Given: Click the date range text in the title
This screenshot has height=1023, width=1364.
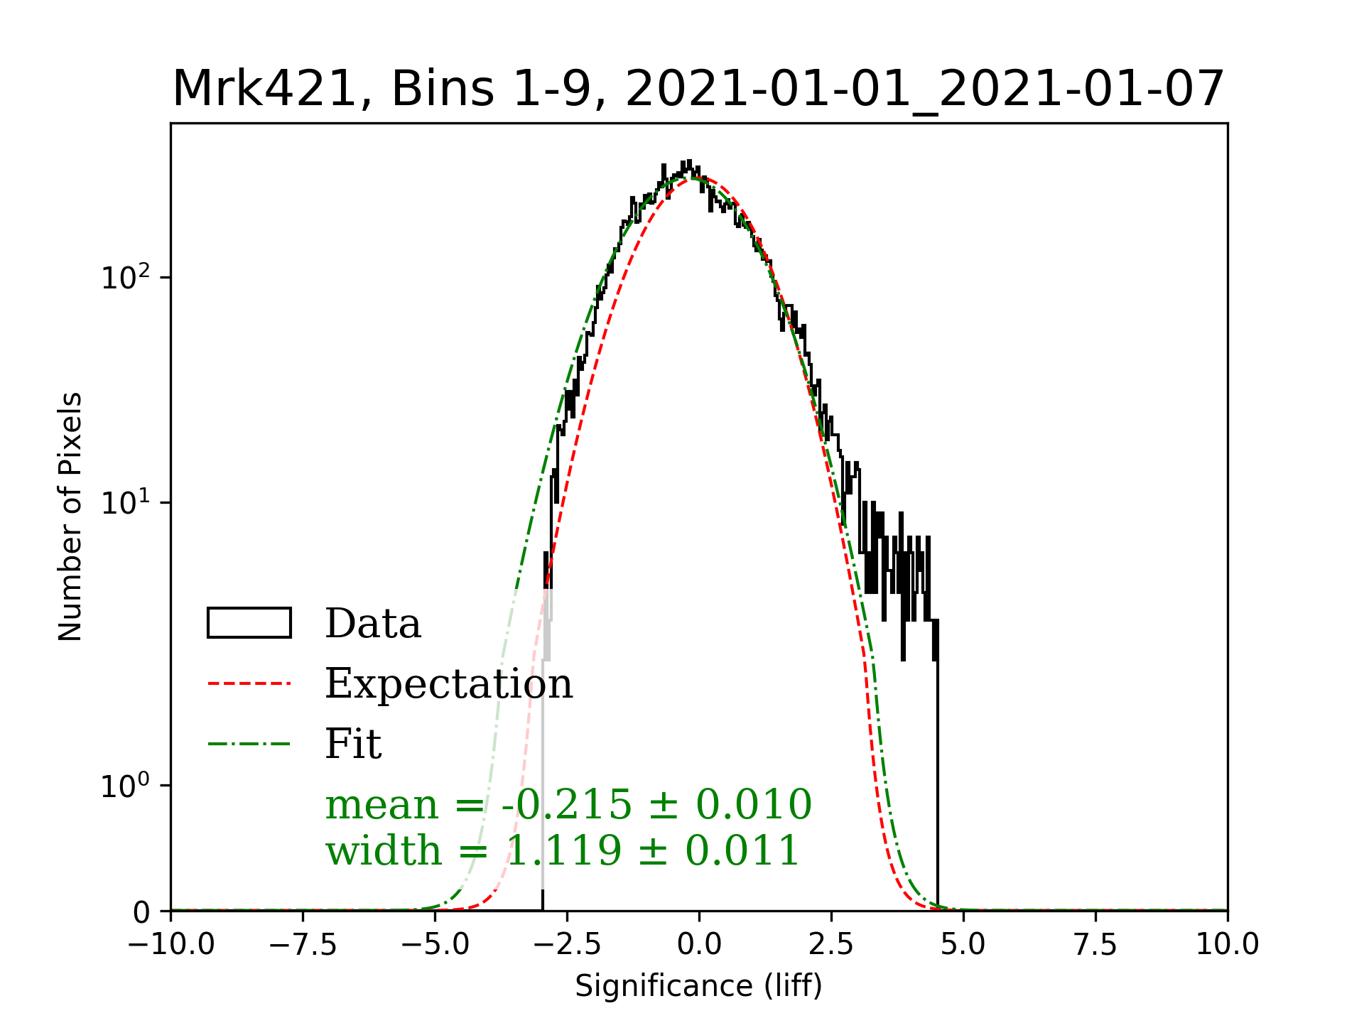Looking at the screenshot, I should pyautogui.click(x=924, y=90).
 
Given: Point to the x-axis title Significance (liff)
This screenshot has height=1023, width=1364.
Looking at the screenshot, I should pyautogui.click(x=698, y=986).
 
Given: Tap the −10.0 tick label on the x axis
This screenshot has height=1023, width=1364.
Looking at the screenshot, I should pyautogui.click(x=171, y=945).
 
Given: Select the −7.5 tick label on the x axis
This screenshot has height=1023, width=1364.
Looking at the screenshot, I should pyautogui.click(x=303, y=945).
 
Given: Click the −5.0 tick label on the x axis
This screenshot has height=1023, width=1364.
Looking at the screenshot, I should pyautogui.click(x=435, y=945).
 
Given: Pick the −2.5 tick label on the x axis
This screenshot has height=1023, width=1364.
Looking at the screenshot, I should pyautogui.click(x=567, y=945).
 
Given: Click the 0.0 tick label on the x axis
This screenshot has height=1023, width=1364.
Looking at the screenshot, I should pyautogui.click(x=699, y=945).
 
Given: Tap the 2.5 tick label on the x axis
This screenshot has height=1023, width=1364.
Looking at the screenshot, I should pyautogui.click(x=831, y=945).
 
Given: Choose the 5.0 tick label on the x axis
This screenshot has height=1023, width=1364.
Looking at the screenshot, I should pyautogui.click(x=963, y=945).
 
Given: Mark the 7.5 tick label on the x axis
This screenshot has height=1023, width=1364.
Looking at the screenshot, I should pyautogui.click(x=1095, y=945).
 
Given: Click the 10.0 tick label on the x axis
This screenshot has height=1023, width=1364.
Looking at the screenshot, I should pyautogui.click(x=1228, y=945).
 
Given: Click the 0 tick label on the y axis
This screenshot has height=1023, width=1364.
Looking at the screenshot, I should pyautogui.click(x=142, y=913).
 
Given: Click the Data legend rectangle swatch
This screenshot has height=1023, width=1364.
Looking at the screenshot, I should pyautogui.click(x=249, y=623).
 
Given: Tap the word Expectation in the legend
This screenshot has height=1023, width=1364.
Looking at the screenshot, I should pyautogui.click(x=448, y=684).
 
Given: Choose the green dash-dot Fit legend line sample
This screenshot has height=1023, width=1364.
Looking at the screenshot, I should pyautogui.click(x=249, y=745).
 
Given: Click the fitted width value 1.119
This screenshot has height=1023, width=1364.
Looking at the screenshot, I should pyautogui.click(x=563, y=851).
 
